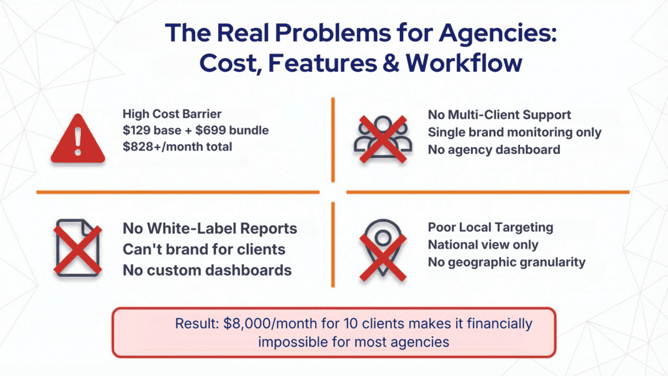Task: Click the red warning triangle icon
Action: pyautogui.click(x=78, y=139)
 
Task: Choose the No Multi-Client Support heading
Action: pyautogui.click(x=499, y=115)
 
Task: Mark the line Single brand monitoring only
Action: pyautogui.click(x=514, y=132)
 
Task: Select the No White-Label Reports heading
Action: pyautogui.click(x=210, y=229)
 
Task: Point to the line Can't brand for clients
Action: pyautogui.click(x=204, y=249)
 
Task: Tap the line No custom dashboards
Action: pyautogui.click(x=207, y=270)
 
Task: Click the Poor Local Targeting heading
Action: pyautogui.click(x=490, y=228)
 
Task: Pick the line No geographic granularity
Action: pyautogui.click(x=506, y=262)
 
